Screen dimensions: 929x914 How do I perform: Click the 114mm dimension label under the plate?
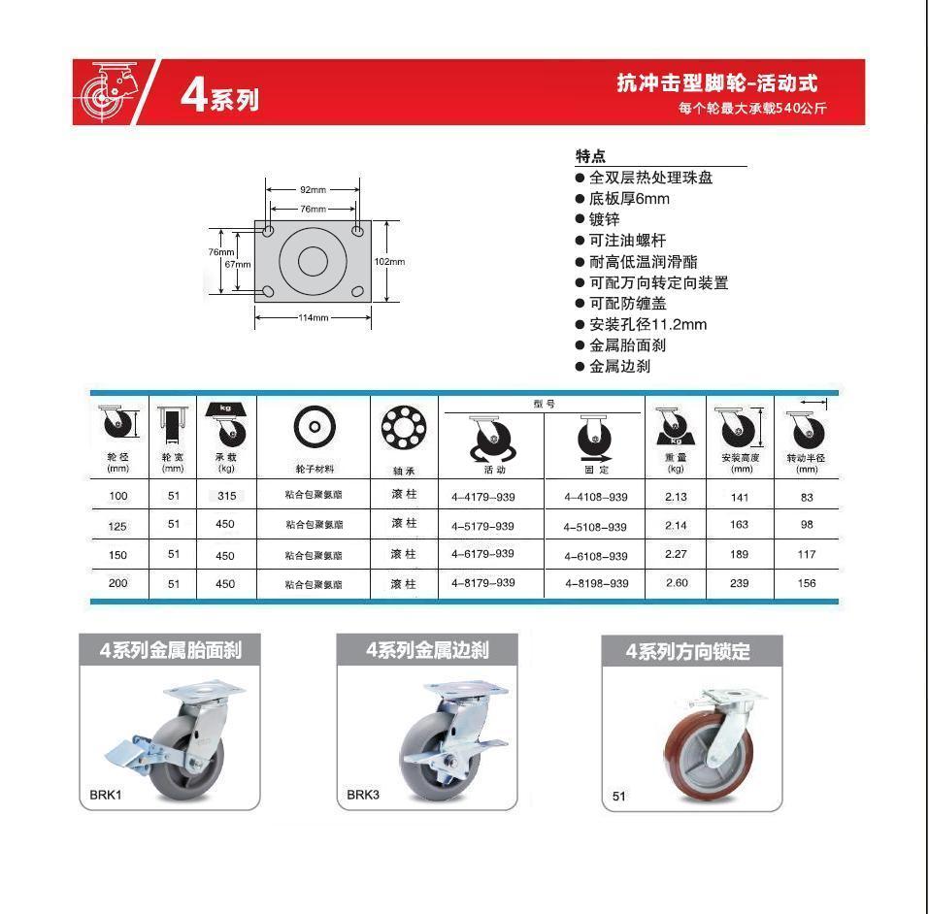[x=313, y=317]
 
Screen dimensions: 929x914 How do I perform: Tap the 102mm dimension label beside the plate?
[x=390, y=262]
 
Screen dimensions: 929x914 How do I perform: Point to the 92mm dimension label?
[x=313, y=189]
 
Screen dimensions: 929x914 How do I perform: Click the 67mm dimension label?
[x=238, y=264]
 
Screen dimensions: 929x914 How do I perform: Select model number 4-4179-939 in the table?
[x=482, y=497]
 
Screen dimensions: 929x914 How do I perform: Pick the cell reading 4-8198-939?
[x=597, y=583]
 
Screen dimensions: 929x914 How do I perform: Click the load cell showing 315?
[x=226, y=496]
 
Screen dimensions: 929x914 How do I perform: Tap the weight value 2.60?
[x=677, y=583]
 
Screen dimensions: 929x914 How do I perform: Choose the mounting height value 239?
[x=740, y=583]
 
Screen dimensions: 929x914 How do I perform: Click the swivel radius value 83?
[x=807, y=498]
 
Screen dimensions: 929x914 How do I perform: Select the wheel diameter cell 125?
[x=117, y=526]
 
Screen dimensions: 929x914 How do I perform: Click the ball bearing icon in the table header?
[x=404, y=427]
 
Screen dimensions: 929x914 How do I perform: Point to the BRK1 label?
[x=106, y=795]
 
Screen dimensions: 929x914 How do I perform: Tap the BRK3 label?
[x=363, y=795]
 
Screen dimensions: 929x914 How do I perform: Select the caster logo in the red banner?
[x=109, y=92]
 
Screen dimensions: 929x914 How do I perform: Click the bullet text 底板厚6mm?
[x=629, y=199]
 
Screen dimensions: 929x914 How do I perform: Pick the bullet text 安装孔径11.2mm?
[x=647, y=325]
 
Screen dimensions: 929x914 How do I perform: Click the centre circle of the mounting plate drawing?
[x=313, y=261]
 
